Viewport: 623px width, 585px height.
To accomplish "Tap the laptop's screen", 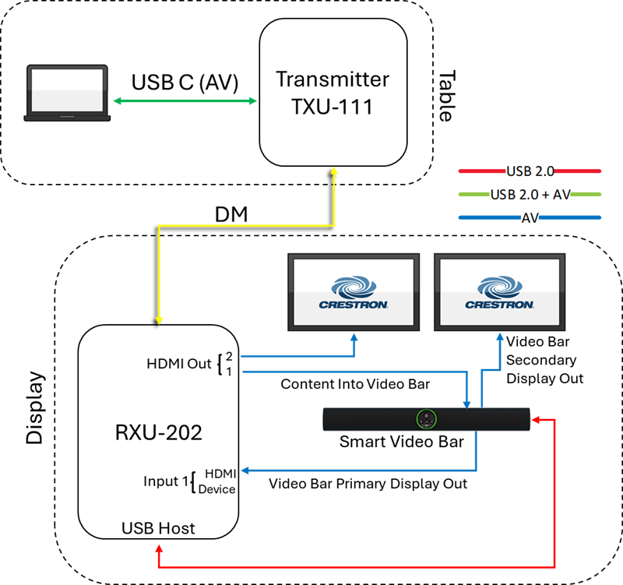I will tap(67, 90).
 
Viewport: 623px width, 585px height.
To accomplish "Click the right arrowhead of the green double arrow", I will tap(253, 100).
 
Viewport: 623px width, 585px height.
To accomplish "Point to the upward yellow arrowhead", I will tap(334, 171).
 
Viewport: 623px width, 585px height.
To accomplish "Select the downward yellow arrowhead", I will tap(159, 319).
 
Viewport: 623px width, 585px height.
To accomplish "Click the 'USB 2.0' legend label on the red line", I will tap(530, 171).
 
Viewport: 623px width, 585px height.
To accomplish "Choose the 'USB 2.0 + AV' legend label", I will tap(530, 195).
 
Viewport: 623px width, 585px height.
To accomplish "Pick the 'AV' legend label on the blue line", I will tap(530, 218).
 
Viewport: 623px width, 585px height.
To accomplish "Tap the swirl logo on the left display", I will tap(354, 286).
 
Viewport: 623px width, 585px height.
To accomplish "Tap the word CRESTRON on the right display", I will tap(499, 305).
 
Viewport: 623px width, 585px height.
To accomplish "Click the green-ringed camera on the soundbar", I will tap(426, 419).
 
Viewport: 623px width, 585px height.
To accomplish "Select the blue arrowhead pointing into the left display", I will tap(354, 337).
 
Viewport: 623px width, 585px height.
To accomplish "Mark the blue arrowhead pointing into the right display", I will tap(499, 337).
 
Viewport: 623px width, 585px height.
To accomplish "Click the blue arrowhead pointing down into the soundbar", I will tap(466, 404).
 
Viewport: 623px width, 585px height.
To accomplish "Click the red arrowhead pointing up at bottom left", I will tap(159, 548).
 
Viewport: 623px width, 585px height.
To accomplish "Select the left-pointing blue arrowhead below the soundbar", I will tap(245, 470).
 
